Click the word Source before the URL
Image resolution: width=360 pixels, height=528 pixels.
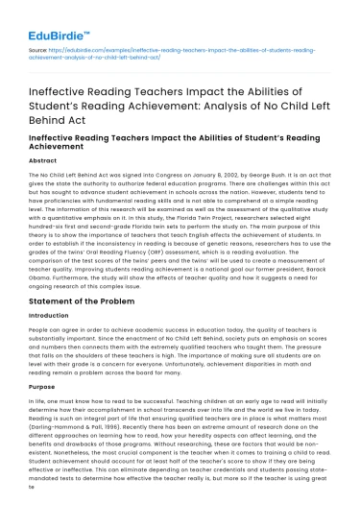[39, 45]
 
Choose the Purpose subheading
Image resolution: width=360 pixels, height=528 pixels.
[43, 415]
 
